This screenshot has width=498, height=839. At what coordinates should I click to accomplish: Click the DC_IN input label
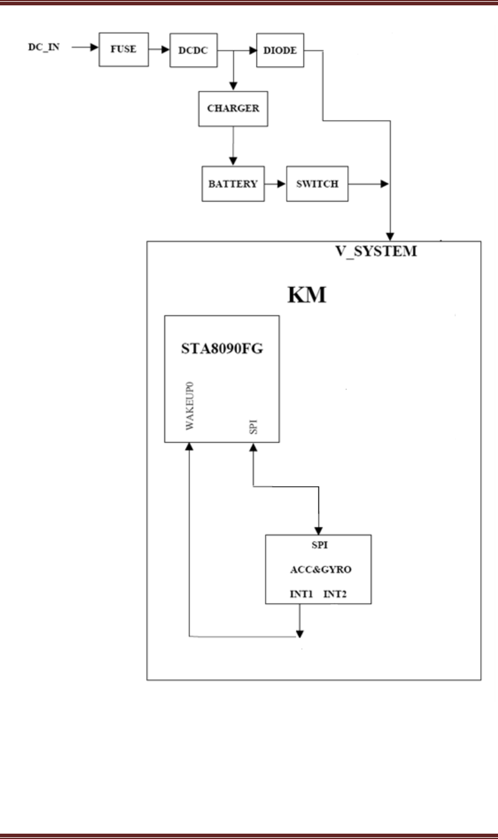coord(45,46)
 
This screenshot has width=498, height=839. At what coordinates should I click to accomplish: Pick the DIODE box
coord(281,51)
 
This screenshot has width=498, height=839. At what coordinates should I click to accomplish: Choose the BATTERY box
coord(232,183)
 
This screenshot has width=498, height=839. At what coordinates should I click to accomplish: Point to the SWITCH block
coord(317,183)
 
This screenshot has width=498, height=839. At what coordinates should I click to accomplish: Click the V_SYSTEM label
coord(375,252)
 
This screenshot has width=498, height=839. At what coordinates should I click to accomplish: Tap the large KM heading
coord(307,294)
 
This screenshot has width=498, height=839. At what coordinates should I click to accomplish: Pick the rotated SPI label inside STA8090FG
coord(255,427)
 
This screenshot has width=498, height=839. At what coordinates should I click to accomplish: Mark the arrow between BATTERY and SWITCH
coord(274,183)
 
